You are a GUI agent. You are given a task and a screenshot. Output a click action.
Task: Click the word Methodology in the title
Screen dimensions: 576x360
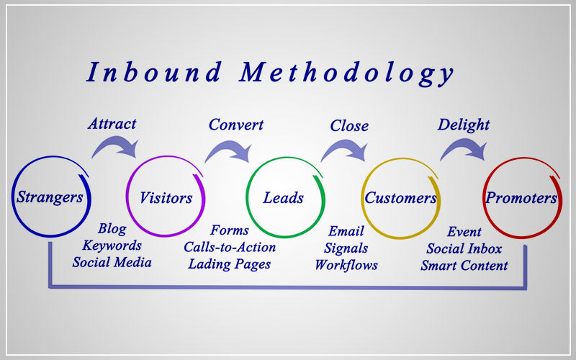click(x=346, y=74)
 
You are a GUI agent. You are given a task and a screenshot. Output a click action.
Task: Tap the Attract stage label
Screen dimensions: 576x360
click(x=112, y=124)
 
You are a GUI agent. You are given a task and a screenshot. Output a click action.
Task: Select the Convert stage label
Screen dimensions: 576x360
click(x=236, y=125)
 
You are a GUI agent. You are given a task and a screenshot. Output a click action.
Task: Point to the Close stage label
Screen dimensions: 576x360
click(x=349, y=126)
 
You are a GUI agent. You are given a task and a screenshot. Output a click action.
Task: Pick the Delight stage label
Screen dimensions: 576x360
click(x=463, y=125)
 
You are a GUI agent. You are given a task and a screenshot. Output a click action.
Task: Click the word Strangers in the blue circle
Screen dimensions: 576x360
click(x=50, y=197)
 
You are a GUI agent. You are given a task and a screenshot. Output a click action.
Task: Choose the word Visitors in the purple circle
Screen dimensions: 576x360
click(x=166, y=198)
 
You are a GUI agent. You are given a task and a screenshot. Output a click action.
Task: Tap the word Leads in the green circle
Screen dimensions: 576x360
click(x=283, y=198)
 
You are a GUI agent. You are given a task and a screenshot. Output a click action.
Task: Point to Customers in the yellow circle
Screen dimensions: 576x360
click(x=400, y=198)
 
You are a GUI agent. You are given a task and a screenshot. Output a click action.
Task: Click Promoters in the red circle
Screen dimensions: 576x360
click(x=521, y=198)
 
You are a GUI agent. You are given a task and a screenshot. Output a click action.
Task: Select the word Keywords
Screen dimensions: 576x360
click(x=112, y=246)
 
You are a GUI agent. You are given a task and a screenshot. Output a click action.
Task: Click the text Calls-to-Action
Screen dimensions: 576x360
click(x=230, y=247)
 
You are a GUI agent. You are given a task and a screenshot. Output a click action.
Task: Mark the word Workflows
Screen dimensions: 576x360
click(x=346, y=265)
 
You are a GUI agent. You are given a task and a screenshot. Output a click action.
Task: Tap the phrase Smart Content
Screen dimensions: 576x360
click(x=464, y=265)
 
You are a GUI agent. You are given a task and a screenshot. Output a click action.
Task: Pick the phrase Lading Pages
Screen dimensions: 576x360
click(x=230, y=264)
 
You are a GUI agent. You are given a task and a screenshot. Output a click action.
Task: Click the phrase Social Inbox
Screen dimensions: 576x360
click(x=464, y=248)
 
